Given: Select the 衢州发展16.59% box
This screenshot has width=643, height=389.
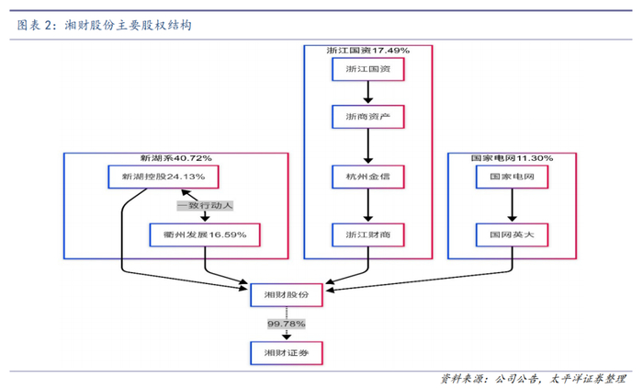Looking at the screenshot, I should pos(205,235).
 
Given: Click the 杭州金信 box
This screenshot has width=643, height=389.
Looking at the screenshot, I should pos(367,176).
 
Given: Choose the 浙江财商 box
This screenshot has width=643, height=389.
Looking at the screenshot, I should pos(367,235).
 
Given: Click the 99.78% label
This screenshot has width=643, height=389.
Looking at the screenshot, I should pos(287,324).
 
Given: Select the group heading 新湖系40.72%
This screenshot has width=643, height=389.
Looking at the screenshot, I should pos(169,158).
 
